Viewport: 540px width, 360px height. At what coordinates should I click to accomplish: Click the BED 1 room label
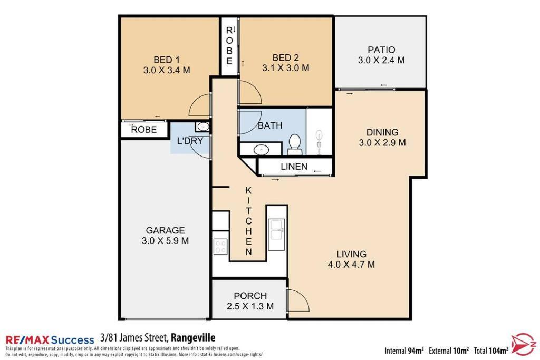tap(166, 60)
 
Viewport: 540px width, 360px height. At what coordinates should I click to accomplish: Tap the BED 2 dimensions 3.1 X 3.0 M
tap(285, 68)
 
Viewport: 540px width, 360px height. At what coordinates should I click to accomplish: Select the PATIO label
tap(381, 50)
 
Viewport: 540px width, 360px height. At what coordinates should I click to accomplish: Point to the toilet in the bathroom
tap(294, 144)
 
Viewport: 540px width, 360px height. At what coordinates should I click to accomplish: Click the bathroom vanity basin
tap(262, 150)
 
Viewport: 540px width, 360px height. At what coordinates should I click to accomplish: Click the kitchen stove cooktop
tap(220, 247)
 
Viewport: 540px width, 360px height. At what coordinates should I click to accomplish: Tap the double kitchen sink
tap(276, 230)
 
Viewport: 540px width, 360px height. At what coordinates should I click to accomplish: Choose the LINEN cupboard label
tap(294, 167)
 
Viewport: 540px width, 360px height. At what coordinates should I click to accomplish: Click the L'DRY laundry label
tap(190, 141)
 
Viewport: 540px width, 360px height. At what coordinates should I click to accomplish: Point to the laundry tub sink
tap(203, 127)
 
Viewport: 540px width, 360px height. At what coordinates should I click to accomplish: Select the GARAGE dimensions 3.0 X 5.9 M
tap(165, 241)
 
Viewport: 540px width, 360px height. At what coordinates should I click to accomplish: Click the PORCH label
tap(250, 296)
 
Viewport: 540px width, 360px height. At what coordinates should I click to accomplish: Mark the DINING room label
tap(382, 132)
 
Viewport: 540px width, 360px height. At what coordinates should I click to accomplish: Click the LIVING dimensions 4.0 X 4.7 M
tap(351, 265)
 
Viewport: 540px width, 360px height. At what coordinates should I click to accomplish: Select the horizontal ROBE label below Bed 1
tap(144, 130)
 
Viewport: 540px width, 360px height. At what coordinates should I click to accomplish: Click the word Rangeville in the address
tap(193, 338)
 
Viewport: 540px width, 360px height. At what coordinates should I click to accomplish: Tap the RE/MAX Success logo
tap(50, 340)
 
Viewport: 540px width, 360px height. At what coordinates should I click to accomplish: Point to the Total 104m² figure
tap(491, 351)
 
